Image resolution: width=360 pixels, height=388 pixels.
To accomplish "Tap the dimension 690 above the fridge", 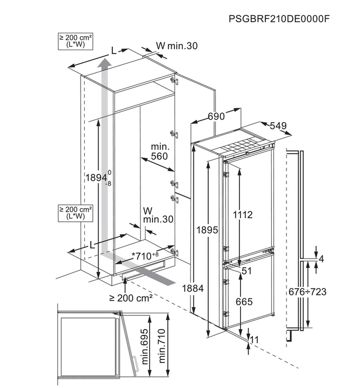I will coord(216,117).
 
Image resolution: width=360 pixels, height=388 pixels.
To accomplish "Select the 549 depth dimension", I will coord(278,126).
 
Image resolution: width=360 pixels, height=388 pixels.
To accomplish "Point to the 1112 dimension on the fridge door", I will coord(244,215).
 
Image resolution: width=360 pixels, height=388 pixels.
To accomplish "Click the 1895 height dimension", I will coord(208,231).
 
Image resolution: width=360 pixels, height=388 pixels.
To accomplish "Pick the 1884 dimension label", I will coord(194,289).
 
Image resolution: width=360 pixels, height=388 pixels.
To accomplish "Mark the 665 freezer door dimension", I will coord(244,302).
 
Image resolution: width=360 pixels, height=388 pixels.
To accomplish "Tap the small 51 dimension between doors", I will coord(247,271).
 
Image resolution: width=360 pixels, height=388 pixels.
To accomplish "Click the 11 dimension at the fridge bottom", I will coord(255,339).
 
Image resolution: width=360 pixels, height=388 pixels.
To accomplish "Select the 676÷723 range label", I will coord(307,292).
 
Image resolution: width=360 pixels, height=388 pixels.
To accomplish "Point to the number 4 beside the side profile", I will coord(321,259).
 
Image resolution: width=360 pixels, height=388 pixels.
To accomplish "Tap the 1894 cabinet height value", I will coord(96,178).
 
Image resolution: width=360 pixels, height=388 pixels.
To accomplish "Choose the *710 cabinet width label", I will coord(145,255).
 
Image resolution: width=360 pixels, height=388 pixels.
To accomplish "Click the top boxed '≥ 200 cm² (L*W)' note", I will coord(76,41).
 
